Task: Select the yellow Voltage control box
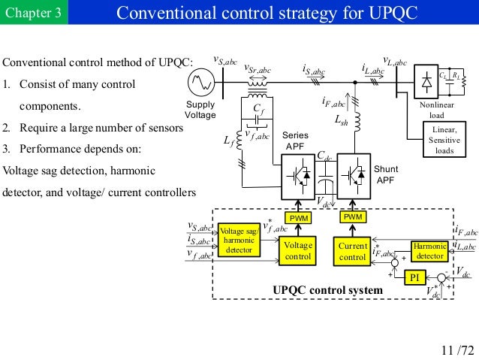(x=298, y=251)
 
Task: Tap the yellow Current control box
(x=352, y=251)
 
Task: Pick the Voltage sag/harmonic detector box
(x=239, y=238)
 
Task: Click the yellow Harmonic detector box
(x=429, y=251)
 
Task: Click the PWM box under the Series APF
(x=298, y=217)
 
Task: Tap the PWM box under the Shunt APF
(x=352, y=217)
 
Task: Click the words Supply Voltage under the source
(x=200, y=110)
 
